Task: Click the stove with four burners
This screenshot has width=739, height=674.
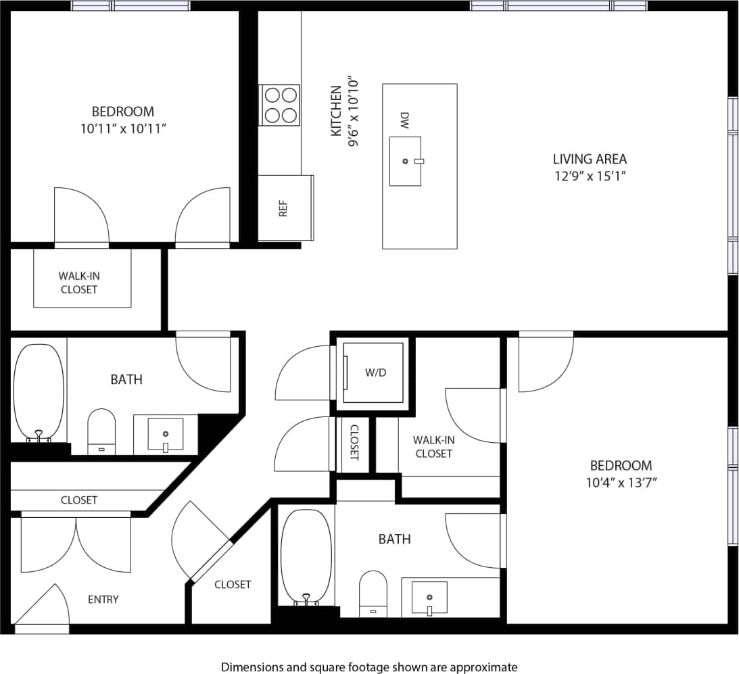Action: pyautogui.click(x=281, y=105)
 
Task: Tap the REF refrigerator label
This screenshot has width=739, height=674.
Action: pyautogui.click(x=283, y=208)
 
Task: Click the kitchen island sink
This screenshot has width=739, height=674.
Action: pyautogui.click(x=406, y=161)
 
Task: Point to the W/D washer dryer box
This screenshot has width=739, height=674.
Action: pyautogui.click(x=374, y=372)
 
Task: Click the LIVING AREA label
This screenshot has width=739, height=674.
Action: pyautogui.click(x=590, y=160)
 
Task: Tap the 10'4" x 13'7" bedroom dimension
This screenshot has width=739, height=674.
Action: pyautogui.click(x=621, y=482)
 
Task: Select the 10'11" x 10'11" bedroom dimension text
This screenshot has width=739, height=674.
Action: pyautogui.click(x=123, y=128)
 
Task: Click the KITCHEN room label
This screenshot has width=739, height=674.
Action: pyautogui.click(x=335, y=111)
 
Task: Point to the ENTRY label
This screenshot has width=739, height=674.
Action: pyautogui.click(x=103, y=599)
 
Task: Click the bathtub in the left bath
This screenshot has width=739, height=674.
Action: pyautogui.click(x=39, y=392)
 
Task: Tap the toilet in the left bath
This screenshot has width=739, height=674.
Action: pyautogui.click(x=102, y=431)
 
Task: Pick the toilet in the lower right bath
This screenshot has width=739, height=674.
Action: pyautogui.click(x=373, y=593)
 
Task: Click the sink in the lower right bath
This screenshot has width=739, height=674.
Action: pyautogui.click(x=429, y=597)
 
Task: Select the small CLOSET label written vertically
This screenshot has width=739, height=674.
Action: pyautogui.click(x=354, y=446)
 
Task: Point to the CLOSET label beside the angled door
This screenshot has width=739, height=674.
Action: pyautogui.click(x=233, y=584)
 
